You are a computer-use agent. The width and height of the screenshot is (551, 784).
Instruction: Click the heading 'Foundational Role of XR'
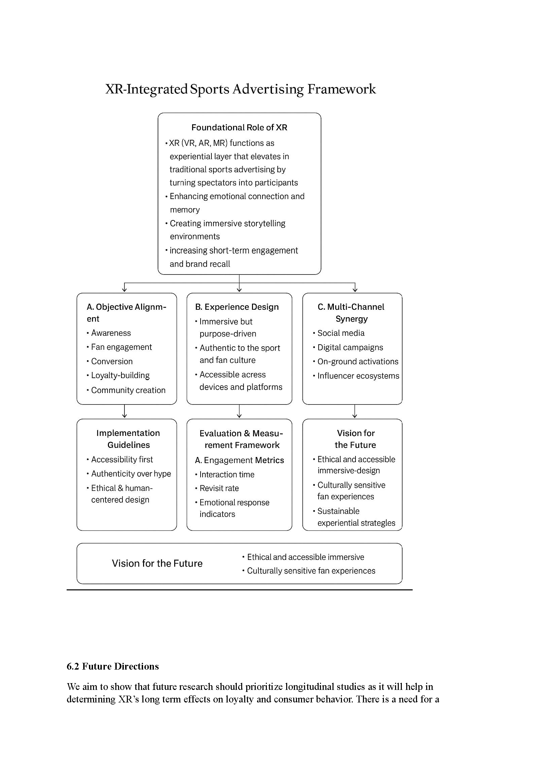pos(239,127)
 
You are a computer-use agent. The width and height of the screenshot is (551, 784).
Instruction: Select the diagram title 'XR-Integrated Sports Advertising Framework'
pos(240,89)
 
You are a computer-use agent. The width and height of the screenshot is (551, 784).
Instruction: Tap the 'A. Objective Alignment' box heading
pos(126,312)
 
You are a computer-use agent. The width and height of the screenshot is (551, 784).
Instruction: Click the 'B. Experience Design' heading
pos(237,307)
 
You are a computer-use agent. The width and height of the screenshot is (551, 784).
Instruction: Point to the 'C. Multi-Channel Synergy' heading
pos(351,312)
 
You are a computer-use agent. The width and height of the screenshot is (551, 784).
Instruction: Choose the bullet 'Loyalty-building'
pos(120,375)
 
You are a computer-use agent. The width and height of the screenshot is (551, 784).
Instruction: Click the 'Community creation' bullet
pos(128,390)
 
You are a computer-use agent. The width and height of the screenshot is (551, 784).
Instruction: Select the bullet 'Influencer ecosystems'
pos(358,376)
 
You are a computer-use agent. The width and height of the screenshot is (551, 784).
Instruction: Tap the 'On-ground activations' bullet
pos(358,361)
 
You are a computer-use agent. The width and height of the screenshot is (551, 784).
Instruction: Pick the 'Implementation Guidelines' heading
pos(128,439)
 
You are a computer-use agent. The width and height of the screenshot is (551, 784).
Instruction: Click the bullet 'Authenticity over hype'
pos(131,474)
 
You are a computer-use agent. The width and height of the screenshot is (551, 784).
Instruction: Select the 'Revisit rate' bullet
pos(219,488)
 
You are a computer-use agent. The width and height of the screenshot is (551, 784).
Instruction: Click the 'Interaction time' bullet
pos(227,474)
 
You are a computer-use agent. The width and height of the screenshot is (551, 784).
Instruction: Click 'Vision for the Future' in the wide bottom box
pos(157,563)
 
